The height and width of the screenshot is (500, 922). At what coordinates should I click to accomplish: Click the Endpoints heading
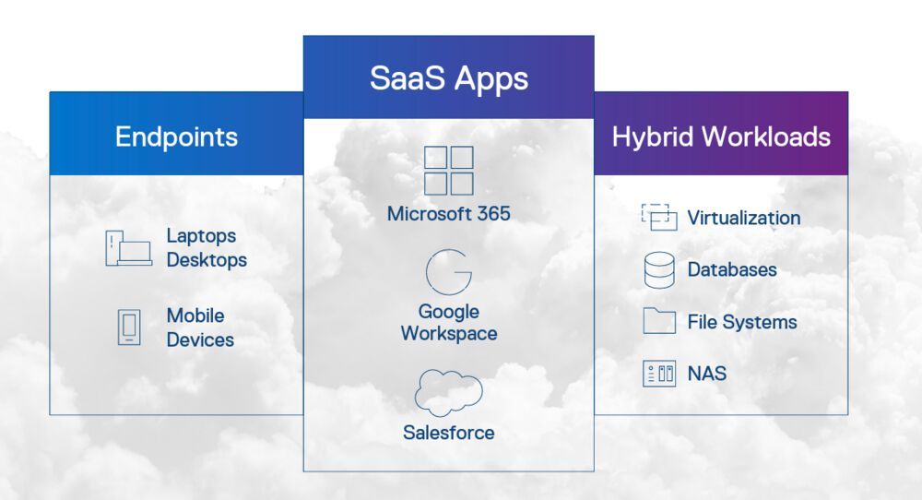tap(176, 137)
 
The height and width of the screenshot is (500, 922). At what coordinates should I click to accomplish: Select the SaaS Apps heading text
tap(449, 77)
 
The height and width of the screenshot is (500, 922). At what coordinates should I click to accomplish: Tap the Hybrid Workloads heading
tap(721, 137)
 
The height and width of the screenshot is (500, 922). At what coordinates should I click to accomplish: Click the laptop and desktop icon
tap(128, 248)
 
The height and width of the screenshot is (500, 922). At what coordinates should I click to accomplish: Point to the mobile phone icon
tap(129, 327)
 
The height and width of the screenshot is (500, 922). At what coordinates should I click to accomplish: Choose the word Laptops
tap(201, 236)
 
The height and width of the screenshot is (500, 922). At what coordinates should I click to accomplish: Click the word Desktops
tap(207, 260)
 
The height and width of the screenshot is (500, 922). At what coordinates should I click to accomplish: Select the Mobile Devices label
tap(200, 327)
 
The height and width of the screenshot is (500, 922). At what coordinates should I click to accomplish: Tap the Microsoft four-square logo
tap(449, 171)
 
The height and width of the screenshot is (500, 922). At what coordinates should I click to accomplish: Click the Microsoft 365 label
tap(449, 214)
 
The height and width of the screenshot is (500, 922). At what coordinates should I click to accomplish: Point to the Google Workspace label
tap(449, 323)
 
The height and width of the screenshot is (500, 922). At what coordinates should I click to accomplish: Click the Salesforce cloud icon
tap(449, 392)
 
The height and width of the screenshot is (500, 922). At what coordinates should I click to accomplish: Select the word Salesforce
tap(449, 433)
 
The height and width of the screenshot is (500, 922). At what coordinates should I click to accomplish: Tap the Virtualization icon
tap(659, 218)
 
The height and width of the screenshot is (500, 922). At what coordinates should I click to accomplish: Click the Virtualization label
tap(744, 219)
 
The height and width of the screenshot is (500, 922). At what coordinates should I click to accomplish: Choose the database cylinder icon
tap(659, 270)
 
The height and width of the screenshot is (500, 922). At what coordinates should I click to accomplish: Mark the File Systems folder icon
tap(659, 321)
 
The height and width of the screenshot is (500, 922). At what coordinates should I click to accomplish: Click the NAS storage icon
tap(659, 374)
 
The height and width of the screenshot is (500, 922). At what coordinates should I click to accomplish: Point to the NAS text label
tap(707, 374)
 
